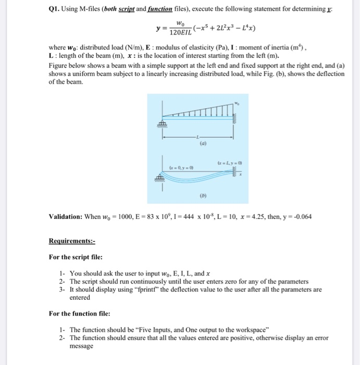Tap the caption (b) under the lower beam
(x=200, y=197)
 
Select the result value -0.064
(x=302, y=216)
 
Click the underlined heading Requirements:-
(x=72, y=241)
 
